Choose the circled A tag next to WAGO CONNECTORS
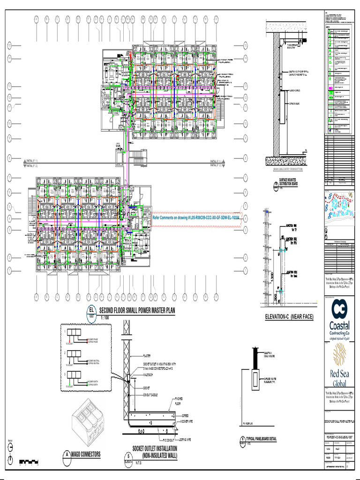67,454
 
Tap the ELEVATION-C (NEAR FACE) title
289,317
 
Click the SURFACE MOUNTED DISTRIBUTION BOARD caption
289,182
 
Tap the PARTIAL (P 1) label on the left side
32,160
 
